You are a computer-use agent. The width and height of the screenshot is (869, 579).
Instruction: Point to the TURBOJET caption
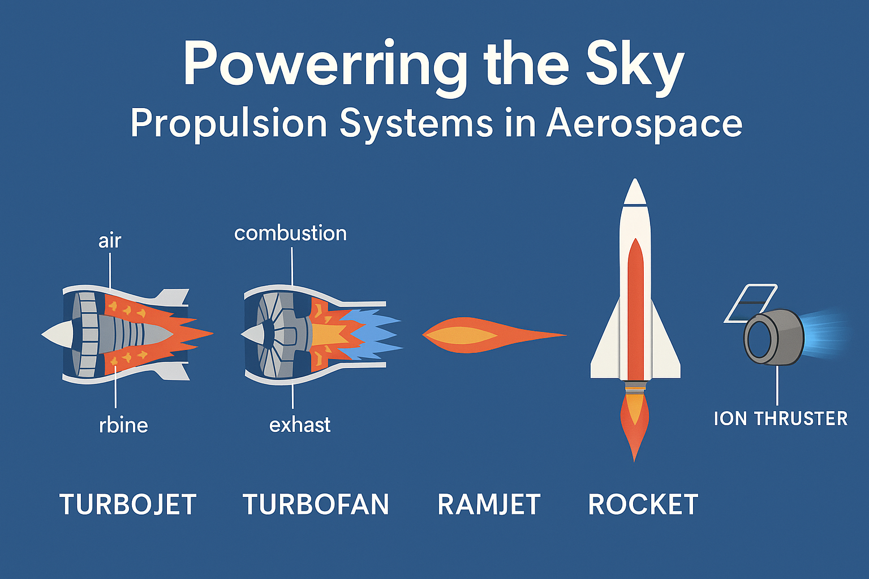click(128, 504)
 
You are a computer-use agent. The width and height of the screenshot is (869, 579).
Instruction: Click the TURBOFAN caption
click(316, 504)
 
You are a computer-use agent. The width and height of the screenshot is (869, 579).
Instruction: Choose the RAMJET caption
click(489, 504)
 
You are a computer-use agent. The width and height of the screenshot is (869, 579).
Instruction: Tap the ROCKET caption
click(643, 504)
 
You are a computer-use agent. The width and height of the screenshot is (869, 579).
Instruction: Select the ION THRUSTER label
click(781, 419)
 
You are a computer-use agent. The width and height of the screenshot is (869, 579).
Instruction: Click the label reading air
click(110, 241)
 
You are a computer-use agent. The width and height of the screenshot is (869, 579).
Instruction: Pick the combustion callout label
click(291, 234)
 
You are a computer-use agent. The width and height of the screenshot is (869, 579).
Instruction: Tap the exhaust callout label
click(300, 425)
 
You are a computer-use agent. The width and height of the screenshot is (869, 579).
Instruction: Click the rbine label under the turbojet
click(123, 425)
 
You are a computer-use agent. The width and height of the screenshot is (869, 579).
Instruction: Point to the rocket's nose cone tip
click(635, 179)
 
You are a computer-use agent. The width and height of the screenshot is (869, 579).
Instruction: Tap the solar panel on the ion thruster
click(751, 303)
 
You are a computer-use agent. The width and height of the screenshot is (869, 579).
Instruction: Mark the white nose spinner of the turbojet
click(57, 334)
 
